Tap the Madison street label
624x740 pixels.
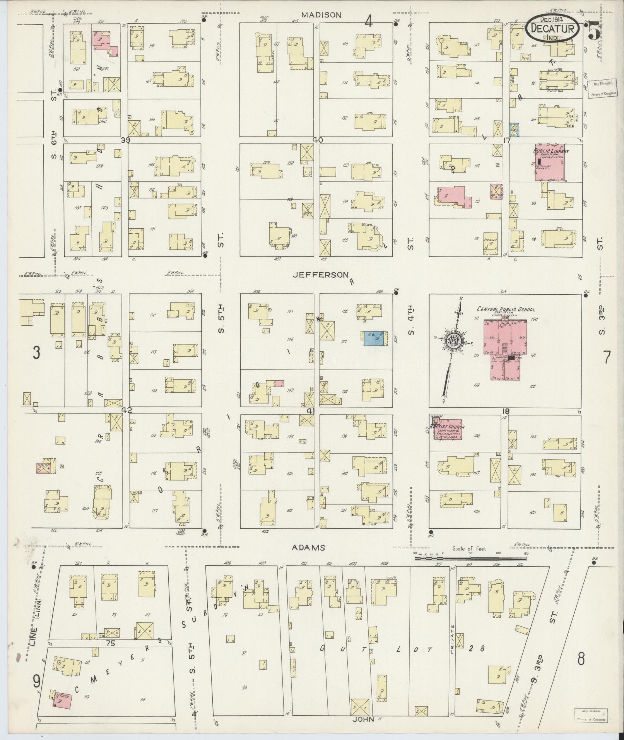pos(321,15)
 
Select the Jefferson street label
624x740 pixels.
pos(320,275)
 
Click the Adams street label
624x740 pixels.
pos(308,547)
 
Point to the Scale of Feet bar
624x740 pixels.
pos(470,557)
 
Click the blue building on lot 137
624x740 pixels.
pos(374,338)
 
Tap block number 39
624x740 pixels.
pos(125,140)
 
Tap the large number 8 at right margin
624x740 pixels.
pos(581,658)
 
